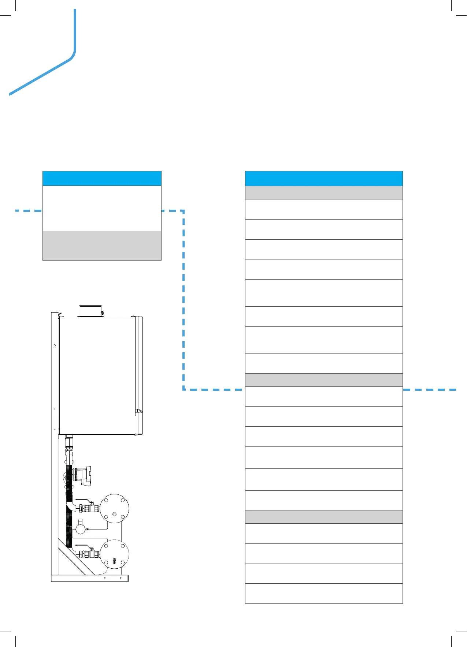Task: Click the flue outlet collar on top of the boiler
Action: point(90,311)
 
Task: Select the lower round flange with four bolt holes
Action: point(114,553)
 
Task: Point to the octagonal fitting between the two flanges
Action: point(80,529)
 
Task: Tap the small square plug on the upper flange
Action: point(115,515)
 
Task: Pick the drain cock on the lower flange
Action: point(114,561)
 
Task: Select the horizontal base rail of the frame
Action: point(90,578)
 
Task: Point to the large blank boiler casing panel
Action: point(97,375)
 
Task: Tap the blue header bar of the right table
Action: point(324,179)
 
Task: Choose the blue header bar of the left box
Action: point(102,178)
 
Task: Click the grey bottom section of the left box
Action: point(102,246)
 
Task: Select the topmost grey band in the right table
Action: point(324,192)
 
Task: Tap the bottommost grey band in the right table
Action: point(324,517)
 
